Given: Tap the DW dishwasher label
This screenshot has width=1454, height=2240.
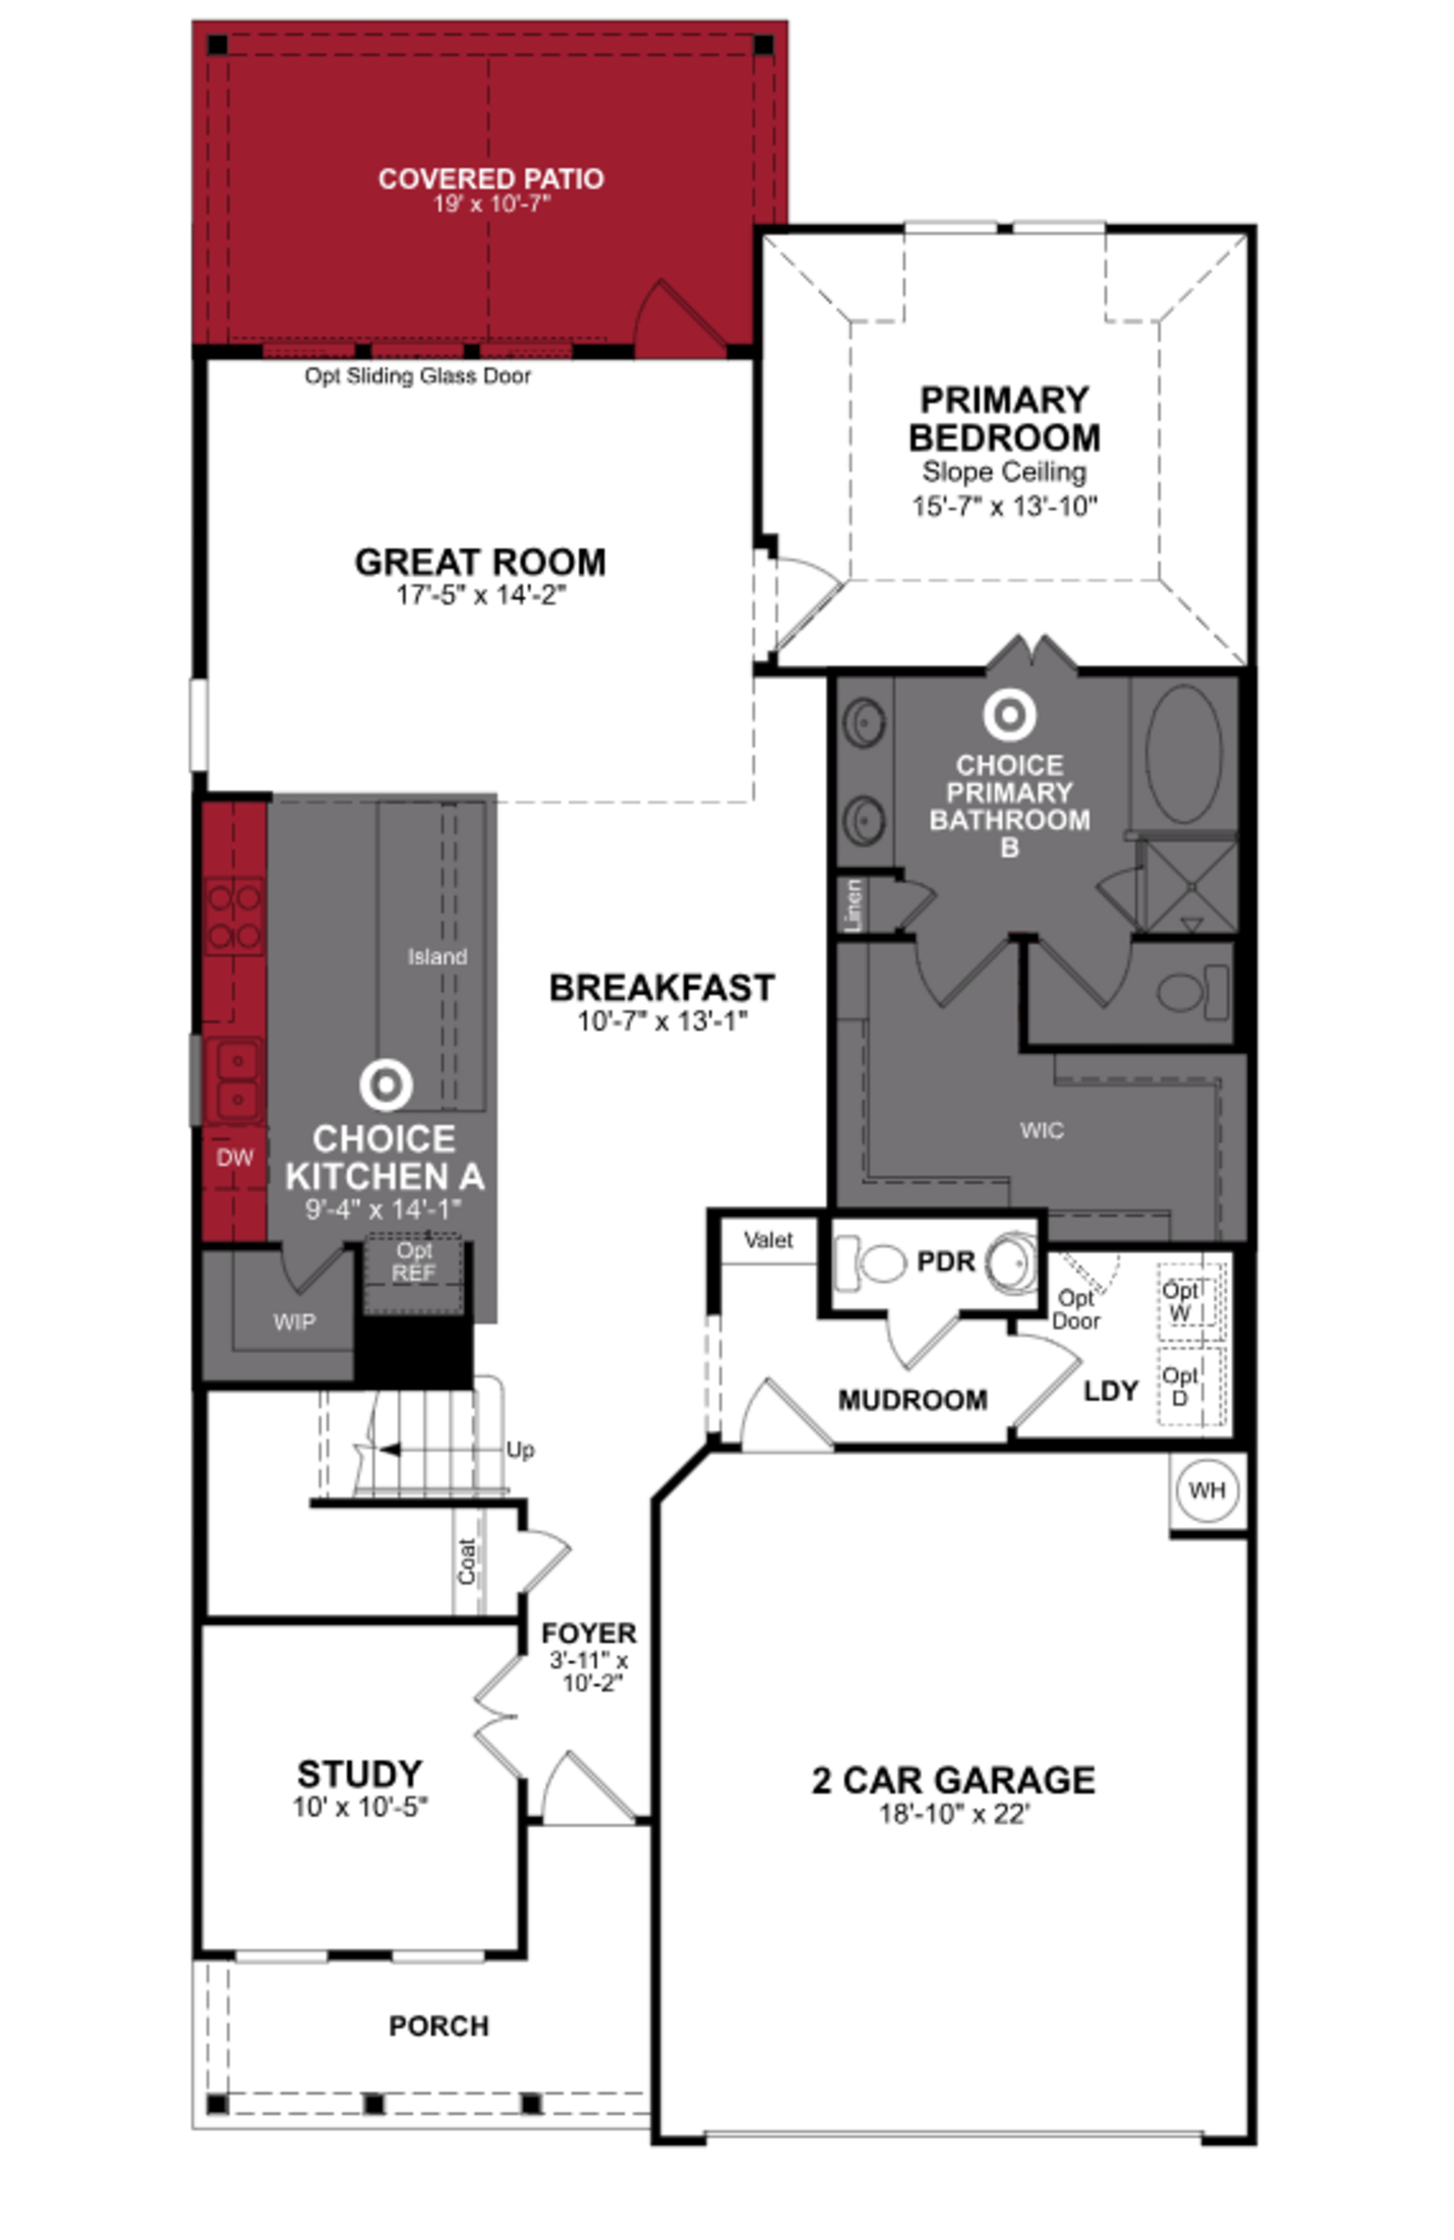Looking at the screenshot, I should [234, 1157].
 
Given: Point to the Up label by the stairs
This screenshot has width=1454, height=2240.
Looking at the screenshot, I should [520, 1450].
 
